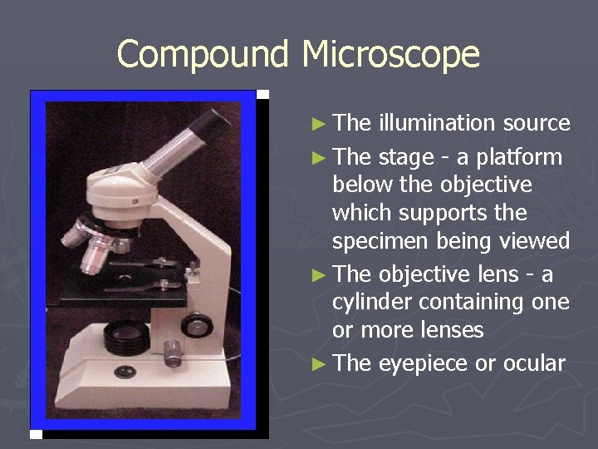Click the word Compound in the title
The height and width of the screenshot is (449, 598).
tap(203, 55)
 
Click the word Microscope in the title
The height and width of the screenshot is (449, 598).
tap(390, 55)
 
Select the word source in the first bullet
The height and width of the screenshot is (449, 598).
tap(537, 123)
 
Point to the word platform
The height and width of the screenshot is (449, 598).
tap(522, 157)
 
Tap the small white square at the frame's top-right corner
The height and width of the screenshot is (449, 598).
tap(262, 94)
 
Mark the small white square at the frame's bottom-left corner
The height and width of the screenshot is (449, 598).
tap(36, 434)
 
